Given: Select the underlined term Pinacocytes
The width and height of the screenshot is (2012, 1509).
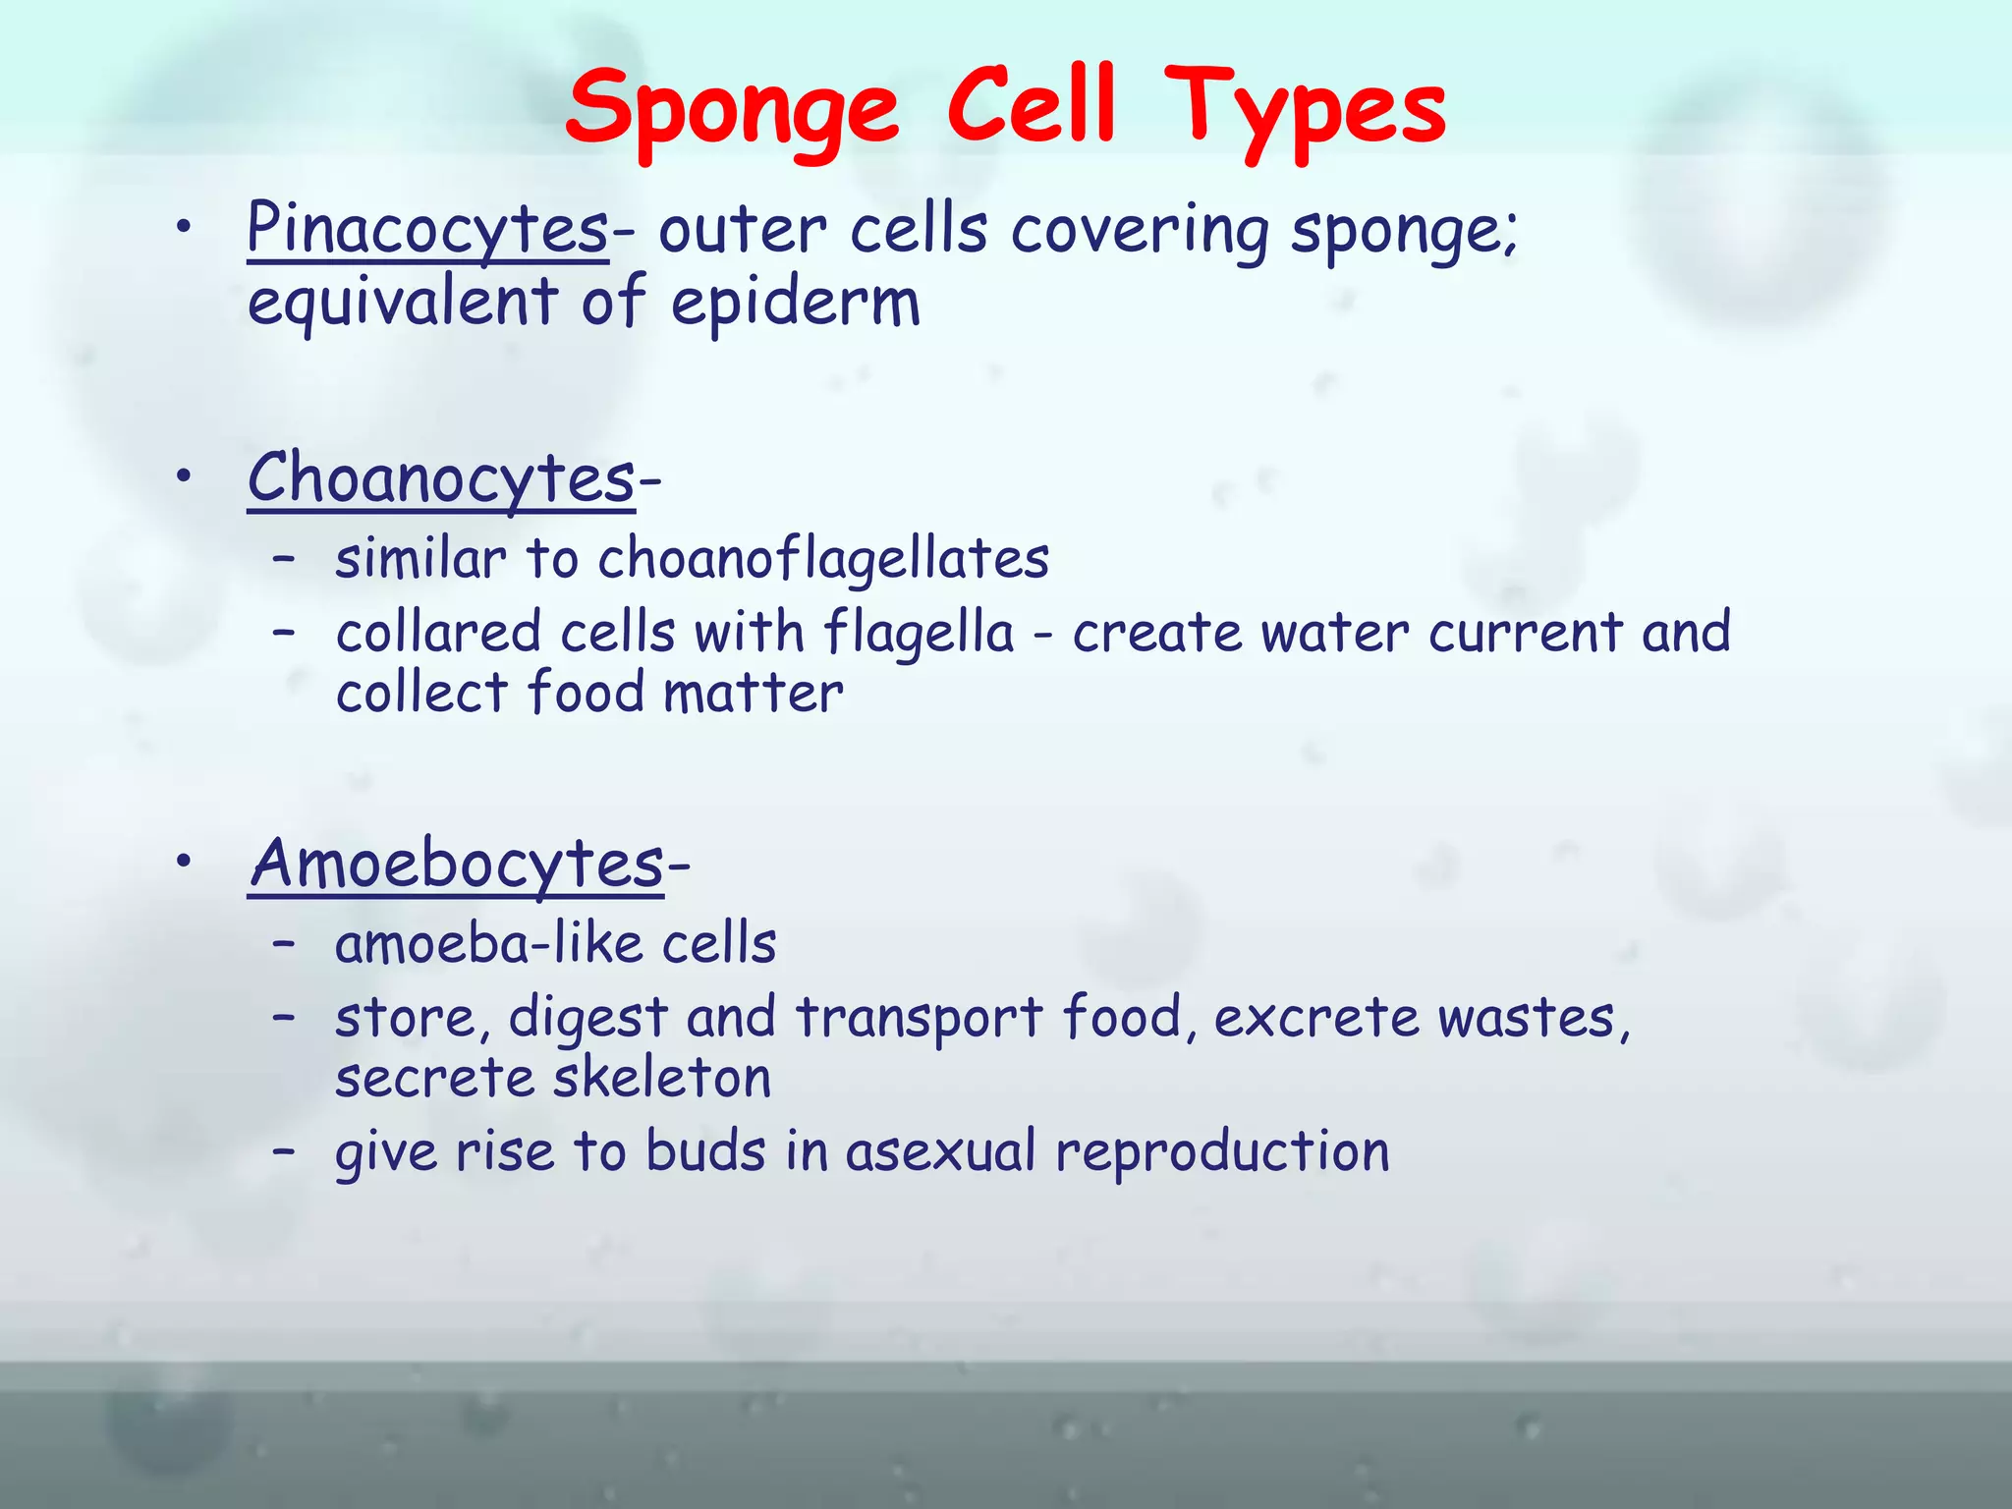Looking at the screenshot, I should coord(427,229).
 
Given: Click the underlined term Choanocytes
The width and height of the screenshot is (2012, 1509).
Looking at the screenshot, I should coord(441,478).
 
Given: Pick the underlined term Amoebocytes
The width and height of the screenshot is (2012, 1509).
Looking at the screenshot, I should coord(457,864).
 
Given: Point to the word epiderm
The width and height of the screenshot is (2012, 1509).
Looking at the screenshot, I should coord(796,302).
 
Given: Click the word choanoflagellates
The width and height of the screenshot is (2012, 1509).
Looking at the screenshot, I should coord(823,559).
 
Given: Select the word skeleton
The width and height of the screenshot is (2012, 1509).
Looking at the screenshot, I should coord(662,1078).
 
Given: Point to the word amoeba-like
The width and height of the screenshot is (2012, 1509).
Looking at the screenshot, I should coord(488,944).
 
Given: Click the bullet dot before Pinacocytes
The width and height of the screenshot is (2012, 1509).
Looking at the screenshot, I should coord(183,229).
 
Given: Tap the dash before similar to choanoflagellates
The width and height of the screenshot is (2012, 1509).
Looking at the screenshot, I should coord(284,559).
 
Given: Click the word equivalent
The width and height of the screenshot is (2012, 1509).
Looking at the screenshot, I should coord(403,302).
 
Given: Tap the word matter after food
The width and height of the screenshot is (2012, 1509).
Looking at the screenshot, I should coord(753,693).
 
